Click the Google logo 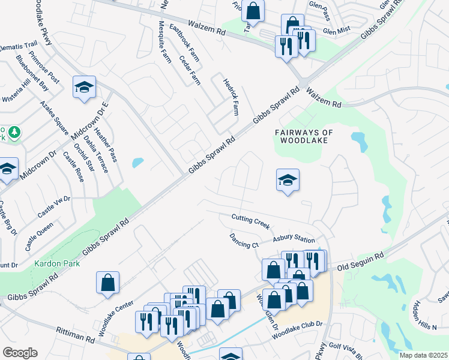pos(20,353)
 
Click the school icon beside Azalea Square pos(84,88)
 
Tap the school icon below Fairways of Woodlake pos(288,180)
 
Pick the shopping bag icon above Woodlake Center pos(107,283)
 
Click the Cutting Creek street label pos(250,220)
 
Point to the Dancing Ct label pos(243,241)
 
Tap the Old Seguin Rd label pos(360,262)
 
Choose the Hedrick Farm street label pos(231,96)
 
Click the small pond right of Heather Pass pos(137,163)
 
